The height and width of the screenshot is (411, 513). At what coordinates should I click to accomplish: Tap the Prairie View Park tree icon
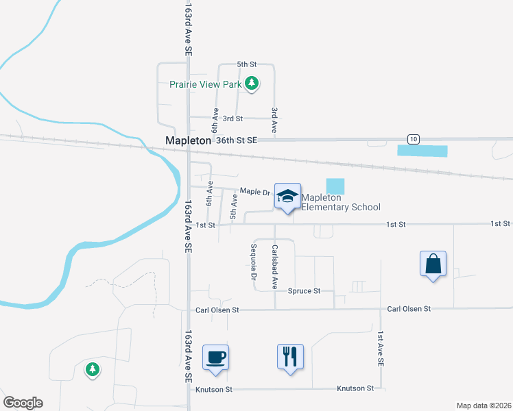coord(252,84)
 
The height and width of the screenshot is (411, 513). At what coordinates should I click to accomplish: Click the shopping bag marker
coord(433,264)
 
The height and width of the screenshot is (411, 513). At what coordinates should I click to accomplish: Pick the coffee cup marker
coord(215,358)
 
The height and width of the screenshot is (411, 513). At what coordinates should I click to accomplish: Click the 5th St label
coord(246,64)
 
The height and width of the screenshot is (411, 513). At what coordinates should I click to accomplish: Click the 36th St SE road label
coord(236,140)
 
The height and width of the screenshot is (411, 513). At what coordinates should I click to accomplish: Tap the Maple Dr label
coord(251,191)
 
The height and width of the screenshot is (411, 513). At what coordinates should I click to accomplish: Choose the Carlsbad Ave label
coord(274,266)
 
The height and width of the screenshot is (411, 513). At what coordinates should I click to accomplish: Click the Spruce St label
coord(305,291)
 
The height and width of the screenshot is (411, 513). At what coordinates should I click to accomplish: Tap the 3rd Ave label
coord(274,120)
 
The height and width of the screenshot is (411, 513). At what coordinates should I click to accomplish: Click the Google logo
coord(23,403)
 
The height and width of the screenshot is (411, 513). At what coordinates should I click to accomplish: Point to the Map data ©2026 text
coord(484,406)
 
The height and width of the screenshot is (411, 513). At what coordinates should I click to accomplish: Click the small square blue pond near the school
coord(335,186)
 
